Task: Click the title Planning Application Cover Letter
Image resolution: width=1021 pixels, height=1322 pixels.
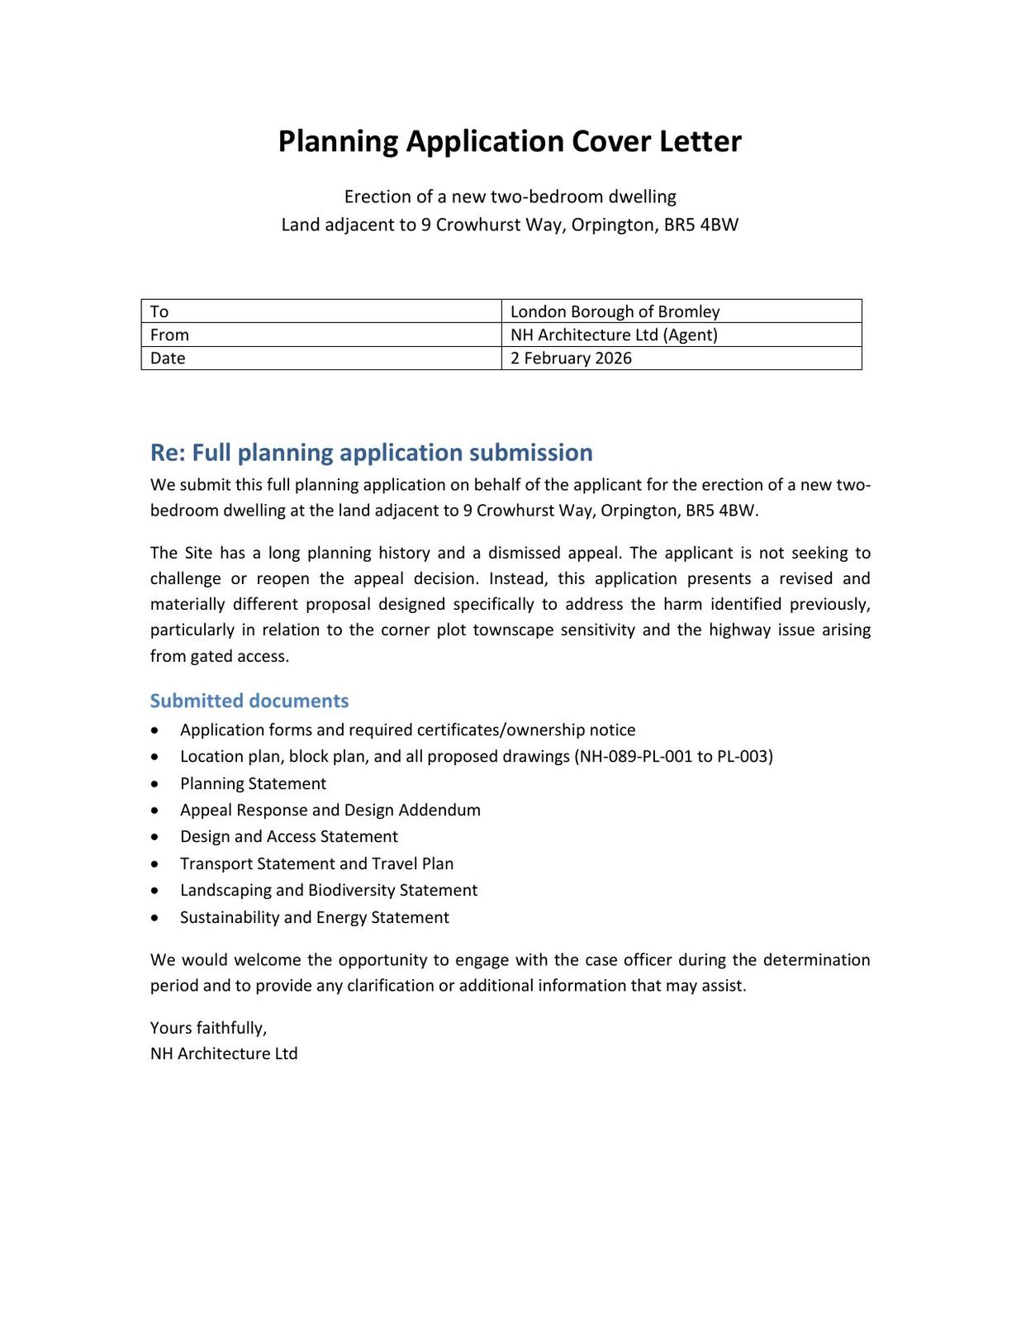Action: [510, 141]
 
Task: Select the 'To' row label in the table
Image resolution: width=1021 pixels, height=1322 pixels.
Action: [159, 311]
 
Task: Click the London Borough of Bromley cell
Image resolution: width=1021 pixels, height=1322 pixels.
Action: [615, 311]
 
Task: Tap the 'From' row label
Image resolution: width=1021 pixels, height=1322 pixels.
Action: [169, 335]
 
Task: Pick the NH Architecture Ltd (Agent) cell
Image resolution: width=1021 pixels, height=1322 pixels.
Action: [614, 335]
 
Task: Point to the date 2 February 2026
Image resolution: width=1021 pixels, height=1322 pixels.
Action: [571, 358]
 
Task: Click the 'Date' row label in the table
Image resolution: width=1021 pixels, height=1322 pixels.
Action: [168, 358]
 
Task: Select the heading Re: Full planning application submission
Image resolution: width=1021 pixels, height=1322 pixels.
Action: [371, 453]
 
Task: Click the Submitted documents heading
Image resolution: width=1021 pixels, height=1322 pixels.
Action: [249, 701]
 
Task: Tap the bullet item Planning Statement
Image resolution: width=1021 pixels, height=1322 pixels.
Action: [253, 783]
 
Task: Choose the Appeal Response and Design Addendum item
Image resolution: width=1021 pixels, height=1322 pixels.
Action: [330, 810]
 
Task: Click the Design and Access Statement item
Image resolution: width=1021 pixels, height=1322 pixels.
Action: [288, 836]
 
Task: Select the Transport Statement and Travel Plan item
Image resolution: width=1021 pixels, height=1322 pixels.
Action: [316, 863]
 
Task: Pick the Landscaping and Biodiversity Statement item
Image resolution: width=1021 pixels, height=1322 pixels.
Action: [328, 890]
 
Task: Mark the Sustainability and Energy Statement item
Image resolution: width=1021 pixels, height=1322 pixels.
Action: [314, 917]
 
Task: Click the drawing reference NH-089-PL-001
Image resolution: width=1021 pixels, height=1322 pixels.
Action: [635, 756]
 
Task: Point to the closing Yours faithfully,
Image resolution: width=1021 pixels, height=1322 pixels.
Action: [208, 1028]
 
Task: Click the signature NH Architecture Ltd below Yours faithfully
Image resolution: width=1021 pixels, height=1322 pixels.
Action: [224, 1053]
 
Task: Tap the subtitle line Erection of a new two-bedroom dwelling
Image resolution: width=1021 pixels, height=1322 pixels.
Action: [510, 197]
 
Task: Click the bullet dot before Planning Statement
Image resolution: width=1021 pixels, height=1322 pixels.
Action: [155, 783]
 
